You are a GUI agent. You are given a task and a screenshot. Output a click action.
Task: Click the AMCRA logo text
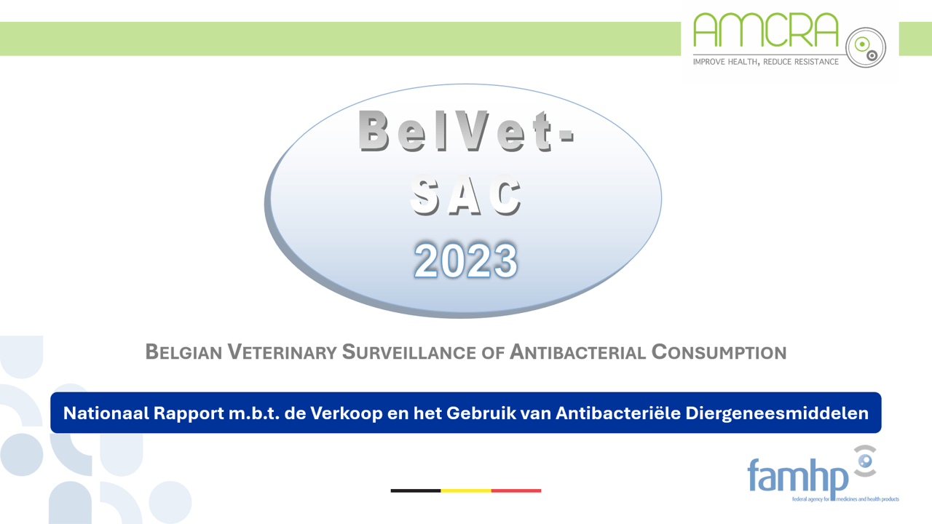click(x=765, y=31)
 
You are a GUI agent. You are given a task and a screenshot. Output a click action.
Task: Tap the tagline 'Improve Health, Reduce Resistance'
click(x=765, y=62)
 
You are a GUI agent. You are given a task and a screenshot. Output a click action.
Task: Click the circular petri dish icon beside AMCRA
click(x=866, y=47)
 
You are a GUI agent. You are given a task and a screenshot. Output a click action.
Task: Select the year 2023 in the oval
click(x=466, y=261)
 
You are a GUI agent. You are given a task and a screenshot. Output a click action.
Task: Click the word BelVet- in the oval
click(x=466, y=131)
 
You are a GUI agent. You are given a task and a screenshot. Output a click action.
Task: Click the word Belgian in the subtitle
click(x=183, y=352)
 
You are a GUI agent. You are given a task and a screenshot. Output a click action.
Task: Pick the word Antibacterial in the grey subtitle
click(x=577, y=352)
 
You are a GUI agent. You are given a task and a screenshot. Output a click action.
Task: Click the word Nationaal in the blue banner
click(x=105, y=413)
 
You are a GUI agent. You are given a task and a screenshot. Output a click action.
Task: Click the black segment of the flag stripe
click(x=416, y=491)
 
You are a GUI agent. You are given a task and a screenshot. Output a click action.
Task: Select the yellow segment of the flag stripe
click(x=466, y=491)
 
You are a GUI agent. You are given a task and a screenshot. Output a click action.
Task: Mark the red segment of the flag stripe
click(x=516, y=491)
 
